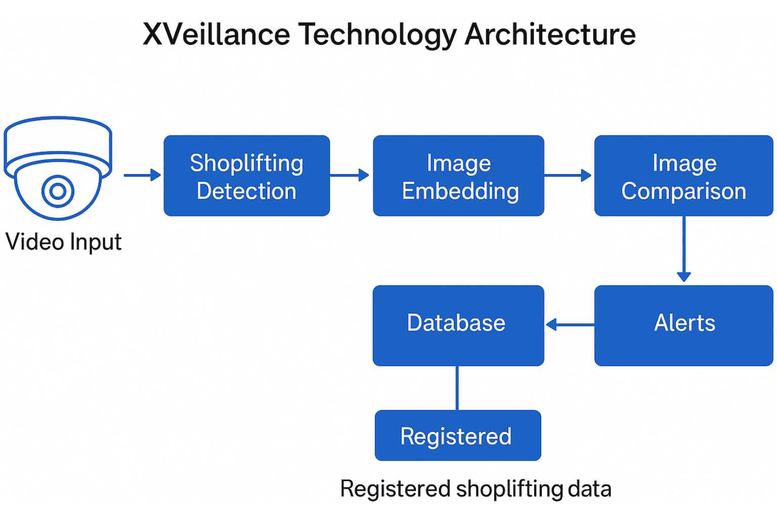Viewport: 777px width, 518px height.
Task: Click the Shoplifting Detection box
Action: [246, 176]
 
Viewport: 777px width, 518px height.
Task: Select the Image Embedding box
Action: [458, 176]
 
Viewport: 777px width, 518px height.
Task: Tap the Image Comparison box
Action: [683, 176]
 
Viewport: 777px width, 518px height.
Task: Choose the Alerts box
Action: [683, 325]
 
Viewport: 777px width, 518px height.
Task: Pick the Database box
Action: [458, 325]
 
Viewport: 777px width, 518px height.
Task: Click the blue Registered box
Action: [458, 436]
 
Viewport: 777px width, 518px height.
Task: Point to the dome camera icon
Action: [58, 167]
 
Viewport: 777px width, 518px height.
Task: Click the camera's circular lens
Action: [58, 191]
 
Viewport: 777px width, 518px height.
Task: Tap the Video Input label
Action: [63, 242]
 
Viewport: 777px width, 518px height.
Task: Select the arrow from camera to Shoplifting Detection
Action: [142, 176]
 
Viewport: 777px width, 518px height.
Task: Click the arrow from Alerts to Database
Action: [570, 325]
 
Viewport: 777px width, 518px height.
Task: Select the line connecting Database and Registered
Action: [457, 388]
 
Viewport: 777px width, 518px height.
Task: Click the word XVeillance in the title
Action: [216, 34]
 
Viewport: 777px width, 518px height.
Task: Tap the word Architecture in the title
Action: [550, 34]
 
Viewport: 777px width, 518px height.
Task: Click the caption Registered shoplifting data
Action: [476, 489]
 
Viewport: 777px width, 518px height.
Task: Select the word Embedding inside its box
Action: [460, 192]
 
